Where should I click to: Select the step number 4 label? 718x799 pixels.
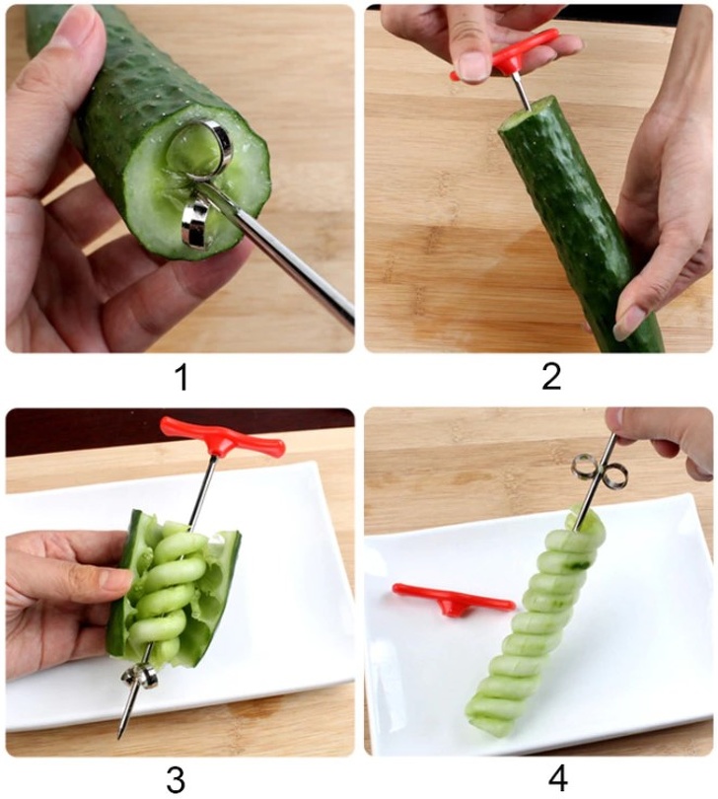click(557, 776)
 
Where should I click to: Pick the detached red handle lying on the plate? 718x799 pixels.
click(453, 599)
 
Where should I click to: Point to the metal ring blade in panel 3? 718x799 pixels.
click(139, 676)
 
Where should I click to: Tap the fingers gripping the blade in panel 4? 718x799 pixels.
click(661, 434)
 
